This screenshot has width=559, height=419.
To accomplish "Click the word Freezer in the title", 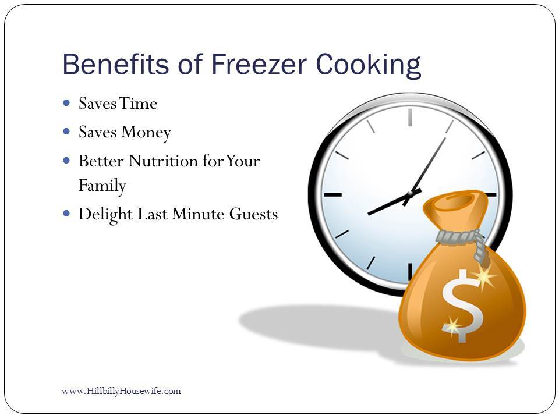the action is point(259,64).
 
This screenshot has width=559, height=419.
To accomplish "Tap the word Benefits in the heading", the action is point(115,64).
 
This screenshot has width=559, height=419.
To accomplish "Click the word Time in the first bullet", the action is point(138,104).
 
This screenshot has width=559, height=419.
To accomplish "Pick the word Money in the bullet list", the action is point(146,133).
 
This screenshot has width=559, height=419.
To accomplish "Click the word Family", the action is point(102,186).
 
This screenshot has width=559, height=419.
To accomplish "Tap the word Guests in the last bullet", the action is point(253,214).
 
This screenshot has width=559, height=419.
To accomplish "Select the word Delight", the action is point(105,215).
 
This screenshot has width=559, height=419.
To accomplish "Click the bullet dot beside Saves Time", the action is point(66,103).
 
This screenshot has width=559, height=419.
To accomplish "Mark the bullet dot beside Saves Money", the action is point(66,132).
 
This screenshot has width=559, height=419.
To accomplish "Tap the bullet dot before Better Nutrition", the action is point(66,161).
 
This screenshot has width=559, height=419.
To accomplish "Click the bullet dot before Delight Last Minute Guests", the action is point(66,214).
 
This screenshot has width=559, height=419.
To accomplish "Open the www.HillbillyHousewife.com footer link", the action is point(121,391).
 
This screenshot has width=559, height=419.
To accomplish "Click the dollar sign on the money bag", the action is point(462,306).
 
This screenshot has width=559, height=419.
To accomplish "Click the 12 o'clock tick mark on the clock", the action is point(411,117).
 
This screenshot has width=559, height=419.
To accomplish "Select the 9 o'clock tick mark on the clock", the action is point(332,195).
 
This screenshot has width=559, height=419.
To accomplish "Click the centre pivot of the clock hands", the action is point(410,194).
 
